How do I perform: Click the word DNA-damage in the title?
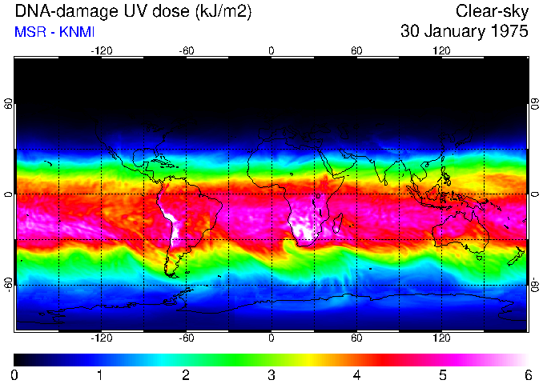(x=55, y=11)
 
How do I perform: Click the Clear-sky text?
(x=492, y=11)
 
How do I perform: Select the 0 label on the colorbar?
(x=14, y=374)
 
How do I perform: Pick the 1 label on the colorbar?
(x=100, y=374)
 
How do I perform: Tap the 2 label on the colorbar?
(x=185, y=374)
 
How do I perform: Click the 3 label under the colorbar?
(x=271, y=374)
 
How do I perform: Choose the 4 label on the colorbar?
(x=356, y=374)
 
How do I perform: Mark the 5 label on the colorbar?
(x=442, y=374)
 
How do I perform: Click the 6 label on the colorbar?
(x=527, y=374)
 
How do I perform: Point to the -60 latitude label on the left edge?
(x=8, y=285)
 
